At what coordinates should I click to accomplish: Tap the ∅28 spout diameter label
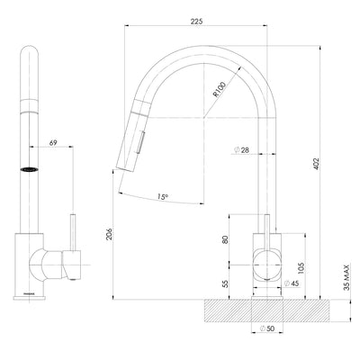[x=240, y=150]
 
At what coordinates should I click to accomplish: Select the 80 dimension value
[x=224, y=239]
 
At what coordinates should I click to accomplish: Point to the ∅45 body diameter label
[x=292, y=284]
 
